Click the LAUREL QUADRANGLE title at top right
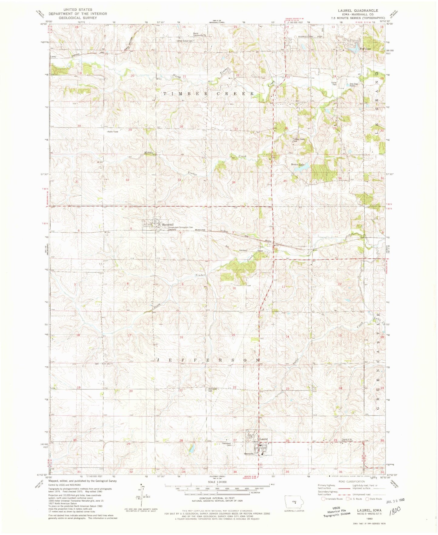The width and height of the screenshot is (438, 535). tap(358, 10)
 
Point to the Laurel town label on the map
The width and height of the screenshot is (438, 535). tap(263, 439)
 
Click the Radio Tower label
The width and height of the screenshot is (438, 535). tap(113, 132)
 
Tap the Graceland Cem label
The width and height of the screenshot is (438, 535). tap(227, 444)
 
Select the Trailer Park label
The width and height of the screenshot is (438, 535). tap(334, 84)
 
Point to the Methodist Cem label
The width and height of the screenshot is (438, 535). tap(212, 389)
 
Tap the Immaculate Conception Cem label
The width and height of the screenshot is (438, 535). tap(181, 227)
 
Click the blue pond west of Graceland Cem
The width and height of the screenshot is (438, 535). tap(191, 448)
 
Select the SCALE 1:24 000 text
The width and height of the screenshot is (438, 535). tap(216, 482)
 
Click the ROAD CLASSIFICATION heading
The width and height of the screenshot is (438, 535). tap(352, 481)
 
